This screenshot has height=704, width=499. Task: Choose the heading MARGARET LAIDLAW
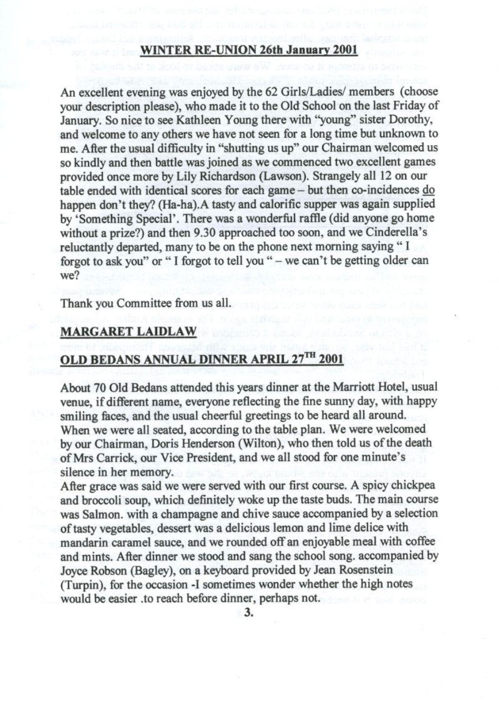129,332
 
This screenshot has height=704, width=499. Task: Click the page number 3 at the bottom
248,613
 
